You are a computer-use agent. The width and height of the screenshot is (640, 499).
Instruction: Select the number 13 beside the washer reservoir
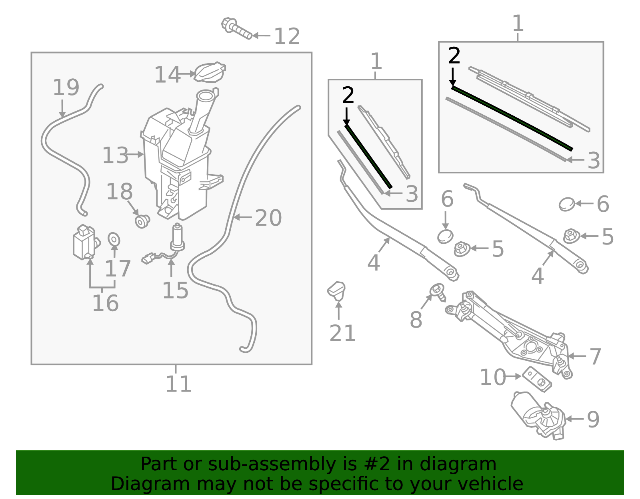(x=115, y=155)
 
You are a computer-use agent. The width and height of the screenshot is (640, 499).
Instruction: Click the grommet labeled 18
(x=142, y=221)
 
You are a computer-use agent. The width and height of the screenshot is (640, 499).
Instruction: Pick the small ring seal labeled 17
(x=114, y=239)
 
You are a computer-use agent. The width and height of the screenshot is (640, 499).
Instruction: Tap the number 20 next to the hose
(x=268, y=218)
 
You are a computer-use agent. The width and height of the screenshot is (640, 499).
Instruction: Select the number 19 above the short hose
(x=66, y=87)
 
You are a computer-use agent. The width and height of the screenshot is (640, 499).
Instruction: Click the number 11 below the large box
(x=178, y=384)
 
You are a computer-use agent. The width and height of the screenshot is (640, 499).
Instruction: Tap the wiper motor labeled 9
(x=538, y=416)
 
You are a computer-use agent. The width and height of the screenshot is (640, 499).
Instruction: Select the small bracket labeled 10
(x=537, y=379)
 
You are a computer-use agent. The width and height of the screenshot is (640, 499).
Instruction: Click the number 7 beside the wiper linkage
(x=595, y=356)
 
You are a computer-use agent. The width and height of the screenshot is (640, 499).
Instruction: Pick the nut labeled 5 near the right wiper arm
(x=571, y=236)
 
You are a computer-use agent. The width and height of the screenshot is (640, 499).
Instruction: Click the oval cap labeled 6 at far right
(x=566, y=204)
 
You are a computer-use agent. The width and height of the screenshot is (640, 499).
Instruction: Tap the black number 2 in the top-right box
(x=454, y=56)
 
